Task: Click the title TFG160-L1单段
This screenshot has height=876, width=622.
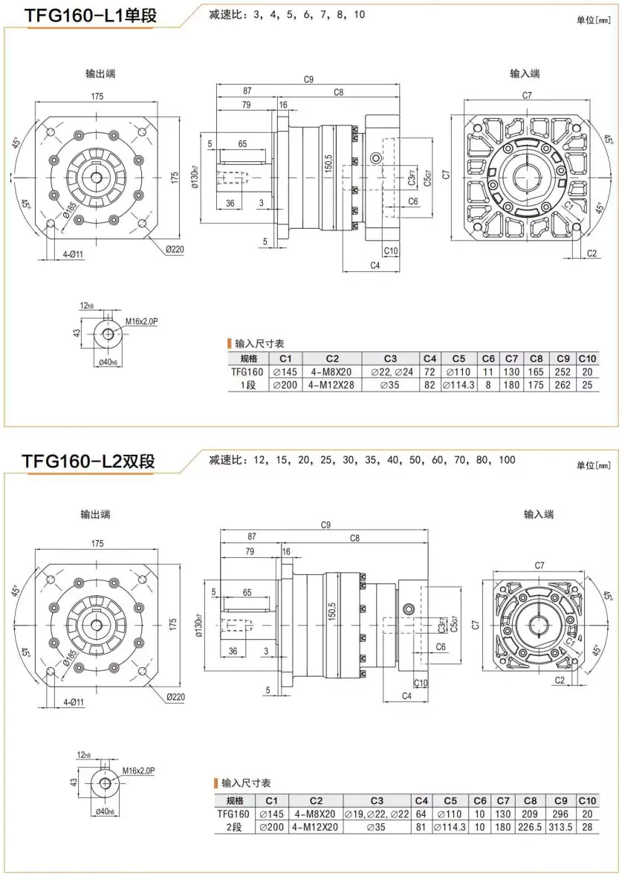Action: pos(91,16)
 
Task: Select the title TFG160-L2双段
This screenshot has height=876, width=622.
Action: pos(88,461)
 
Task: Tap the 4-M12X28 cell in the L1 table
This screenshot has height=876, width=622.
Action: pos(332,386)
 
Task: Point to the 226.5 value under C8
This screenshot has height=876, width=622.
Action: pos(530,827)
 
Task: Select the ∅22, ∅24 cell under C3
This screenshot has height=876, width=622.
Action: pos(390,372)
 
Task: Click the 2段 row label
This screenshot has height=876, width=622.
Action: pos(233,827)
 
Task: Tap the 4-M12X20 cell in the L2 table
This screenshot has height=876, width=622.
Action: pos(316,827)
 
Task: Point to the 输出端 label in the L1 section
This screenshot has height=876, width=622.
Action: pos(100,74)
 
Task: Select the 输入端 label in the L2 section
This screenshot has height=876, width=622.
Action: pos(539,514)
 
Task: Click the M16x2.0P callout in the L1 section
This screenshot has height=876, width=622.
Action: pos(141,321)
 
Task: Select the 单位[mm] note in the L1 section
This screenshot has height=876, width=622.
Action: pos(593,20)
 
